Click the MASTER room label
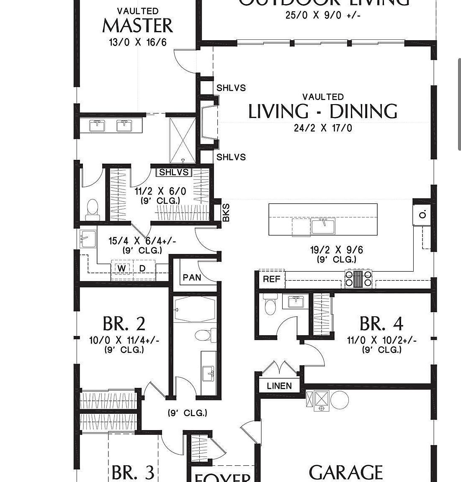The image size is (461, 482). click(x=137, y=26)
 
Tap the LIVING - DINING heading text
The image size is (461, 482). click(x=323, y=112)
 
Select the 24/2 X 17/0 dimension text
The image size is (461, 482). click(x=323, y=128)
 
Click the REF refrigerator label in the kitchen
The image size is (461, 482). click(x=271, y=279)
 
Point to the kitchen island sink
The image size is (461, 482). click(x=323, y=226)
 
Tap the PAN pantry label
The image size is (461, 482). click(x=192, y=277)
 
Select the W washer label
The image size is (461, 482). click(x=121, y=268)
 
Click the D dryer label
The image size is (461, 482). click(x=142, y=268)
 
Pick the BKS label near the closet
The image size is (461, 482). click(x=226, y=213)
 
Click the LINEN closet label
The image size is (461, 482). click(x=279, y=386)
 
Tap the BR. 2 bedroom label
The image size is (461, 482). click(x=124, y=324)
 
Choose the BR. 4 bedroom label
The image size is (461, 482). click(x=381, y=324)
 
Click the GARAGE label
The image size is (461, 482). click(x=345, y=472)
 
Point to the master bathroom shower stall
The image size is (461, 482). click(x=183, y=140)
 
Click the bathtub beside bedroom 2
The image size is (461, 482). click(x=195, y=310)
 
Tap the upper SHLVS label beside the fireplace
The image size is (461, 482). click(x=231, y=88)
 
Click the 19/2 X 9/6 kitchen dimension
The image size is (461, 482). click(x=336, y=250)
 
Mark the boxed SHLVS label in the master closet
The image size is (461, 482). click(x=175, y=172)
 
